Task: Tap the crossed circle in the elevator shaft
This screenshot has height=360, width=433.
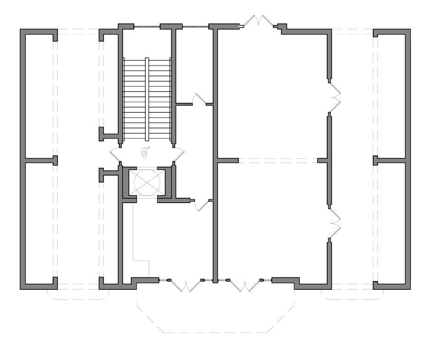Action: coord(146,183)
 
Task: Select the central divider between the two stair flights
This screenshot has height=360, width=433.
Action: coord(147,99)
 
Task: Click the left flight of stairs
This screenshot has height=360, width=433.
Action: coord(134,99)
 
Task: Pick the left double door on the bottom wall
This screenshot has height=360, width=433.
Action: coord(186,285)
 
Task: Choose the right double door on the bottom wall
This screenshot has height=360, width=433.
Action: coord(244,285)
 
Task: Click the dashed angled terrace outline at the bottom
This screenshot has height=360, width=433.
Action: coord(215,332)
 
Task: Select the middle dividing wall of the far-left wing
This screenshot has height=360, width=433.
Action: coord(38,161)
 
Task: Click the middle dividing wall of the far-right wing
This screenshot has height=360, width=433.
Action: coord(391,161)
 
